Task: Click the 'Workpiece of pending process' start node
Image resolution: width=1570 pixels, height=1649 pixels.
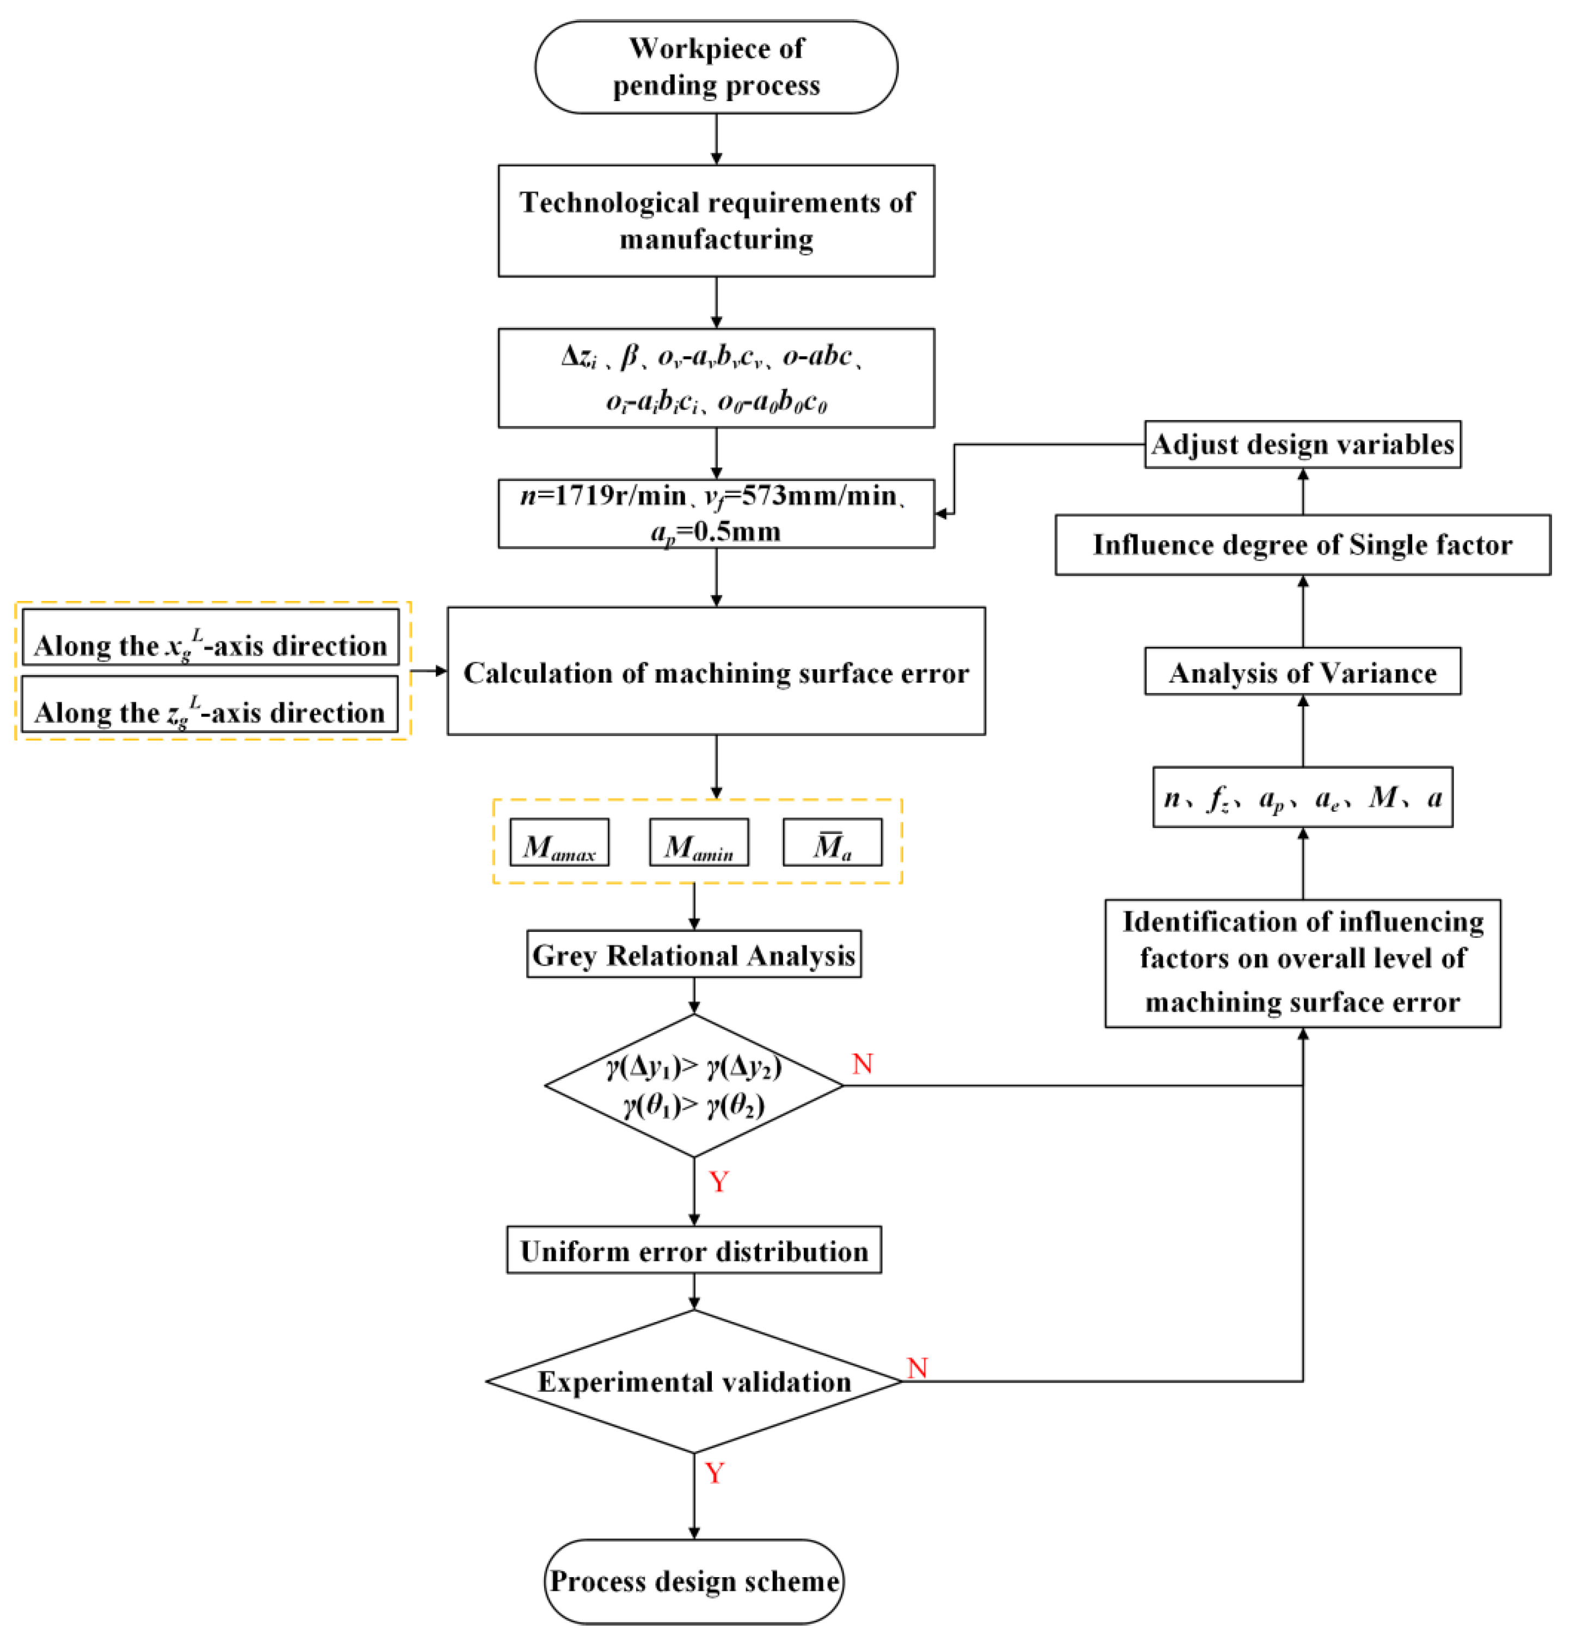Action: (x=716, y=67)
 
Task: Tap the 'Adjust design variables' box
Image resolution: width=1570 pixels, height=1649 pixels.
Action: (x=1302, y=444)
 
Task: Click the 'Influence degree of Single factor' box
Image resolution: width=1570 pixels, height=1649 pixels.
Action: (x=1302, y=545)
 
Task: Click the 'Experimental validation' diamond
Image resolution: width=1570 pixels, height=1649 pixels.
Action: (x=694, y=1382)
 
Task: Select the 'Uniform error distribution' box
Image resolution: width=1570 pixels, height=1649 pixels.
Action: (x=694, y=1251)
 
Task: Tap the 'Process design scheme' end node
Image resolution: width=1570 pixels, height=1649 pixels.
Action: (x=694, y=1581)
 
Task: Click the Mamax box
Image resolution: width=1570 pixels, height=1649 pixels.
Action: (x=559, y=843)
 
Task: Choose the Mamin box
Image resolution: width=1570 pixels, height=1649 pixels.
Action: (x=699, y=843)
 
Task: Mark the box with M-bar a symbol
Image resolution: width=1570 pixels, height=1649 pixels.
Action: (x=832, y=843)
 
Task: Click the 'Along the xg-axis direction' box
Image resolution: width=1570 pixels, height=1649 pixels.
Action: (x=210, y=638)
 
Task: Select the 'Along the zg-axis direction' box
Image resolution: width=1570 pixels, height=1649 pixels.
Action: (x=210, y=705)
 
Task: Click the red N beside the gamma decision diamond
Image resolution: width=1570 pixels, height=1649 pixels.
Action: (x=862, y=1064)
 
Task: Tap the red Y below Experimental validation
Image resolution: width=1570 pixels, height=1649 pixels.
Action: (x=714, y=1473)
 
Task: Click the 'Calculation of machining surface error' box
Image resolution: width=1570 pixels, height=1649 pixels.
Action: (x=716, y=672)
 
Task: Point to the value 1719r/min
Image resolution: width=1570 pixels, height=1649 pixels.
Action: (x=620, y=496)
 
